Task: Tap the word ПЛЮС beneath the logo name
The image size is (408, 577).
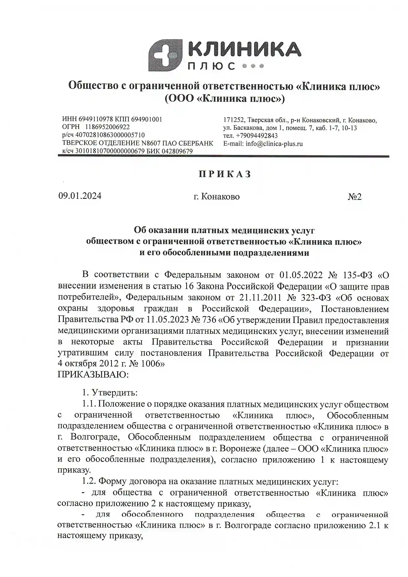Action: [211, 66]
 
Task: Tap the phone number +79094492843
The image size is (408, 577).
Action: [257, 136]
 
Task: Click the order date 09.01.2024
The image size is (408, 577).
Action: [80, 196]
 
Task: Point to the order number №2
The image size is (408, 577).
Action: [355, 197]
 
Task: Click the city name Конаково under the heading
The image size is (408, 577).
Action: [220, 197]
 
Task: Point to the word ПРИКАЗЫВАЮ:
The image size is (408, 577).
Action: [93, 375]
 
